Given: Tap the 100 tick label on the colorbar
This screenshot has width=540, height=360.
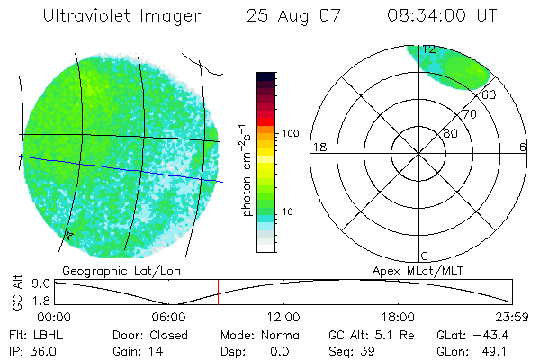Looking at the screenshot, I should coord(289,133).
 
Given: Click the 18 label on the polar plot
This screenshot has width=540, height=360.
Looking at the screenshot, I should coord(318,147).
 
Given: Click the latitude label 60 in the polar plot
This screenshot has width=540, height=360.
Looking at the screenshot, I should coord(490,94).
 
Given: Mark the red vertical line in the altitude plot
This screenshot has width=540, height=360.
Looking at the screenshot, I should coord(217,292).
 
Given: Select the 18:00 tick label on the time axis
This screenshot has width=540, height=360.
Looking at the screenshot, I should coord(398,317).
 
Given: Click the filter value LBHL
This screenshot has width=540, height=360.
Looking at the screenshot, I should coord(43,336).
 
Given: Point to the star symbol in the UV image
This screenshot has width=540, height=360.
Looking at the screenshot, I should coord(68,235).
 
